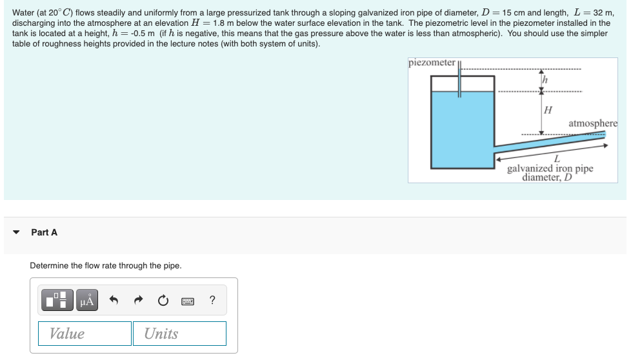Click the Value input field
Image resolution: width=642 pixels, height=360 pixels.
tap(85, 334)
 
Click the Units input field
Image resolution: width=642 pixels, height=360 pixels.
tap(179, 334)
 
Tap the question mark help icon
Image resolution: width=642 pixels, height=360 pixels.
tap(212, 300)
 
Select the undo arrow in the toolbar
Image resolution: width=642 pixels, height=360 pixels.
tap(114, 300)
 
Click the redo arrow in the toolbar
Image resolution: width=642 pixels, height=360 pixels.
tap(139, 300)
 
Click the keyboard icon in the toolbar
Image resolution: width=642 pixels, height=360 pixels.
tap(187, 301)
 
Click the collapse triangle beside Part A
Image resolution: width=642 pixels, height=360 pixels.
tap(16, 232)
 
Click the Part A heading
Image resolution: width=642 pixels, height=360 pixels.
tap(44, 232)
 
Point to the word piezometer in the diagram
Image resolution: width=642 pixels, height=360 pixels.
tap(432, 63)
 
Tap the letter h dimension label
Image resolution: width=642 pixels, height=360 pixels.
tap(545, 79)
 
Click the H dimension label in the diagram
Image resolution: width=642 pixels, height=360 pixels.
tap(548, 110)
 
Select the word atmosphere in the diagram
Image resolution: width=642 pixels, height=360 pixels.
tap(592, 123)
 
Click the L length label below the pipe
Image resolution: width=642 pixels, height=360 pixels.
tap(556, 159)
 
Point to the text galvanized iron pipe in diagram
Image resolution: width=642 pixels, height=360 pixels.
tap(550, 168)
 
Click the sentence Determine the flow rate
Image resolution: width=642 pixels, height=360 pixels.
tap(106, 266)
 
